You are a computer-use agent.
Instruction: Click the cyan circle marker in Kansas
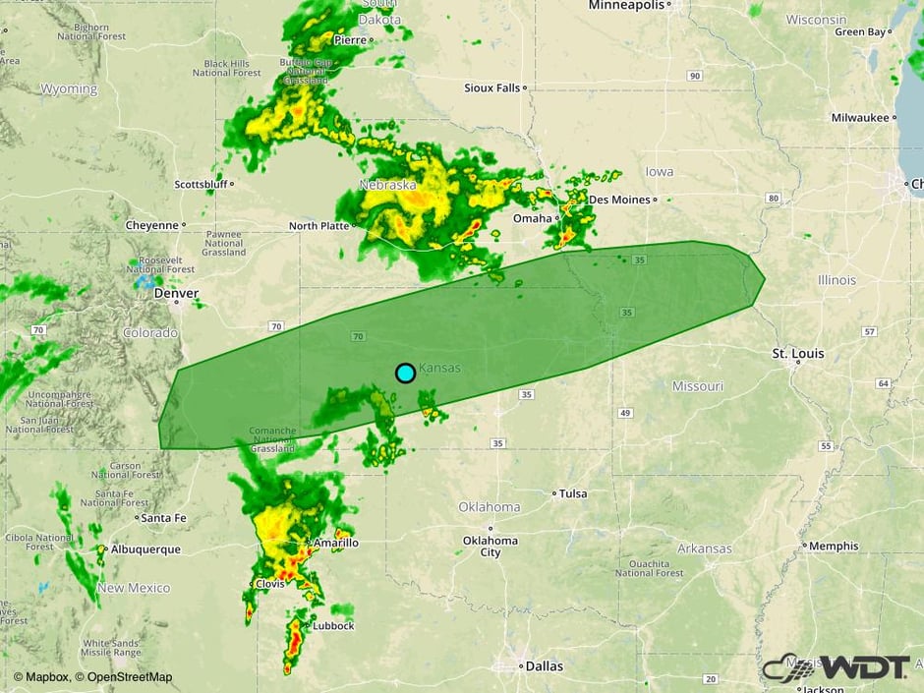point(405,373)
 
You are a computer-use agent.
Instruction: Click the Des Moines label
point(619,200)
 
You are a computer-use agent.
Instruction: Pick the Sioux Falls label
point(492,87)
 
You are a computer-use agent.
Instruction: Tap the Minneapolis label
point(626,6)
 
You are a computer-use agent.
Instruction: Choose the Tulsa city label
point(572,493)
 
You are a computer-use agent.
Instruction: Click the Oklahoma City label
point(491,547)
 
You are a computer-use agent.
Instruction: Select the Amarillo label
point(337,543)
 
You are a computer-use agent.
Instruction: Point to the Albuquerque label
point(145,549)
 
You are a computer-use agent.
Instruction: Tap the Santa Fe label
point(163,517)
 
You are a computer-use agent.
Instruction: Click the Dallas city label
point(544,665)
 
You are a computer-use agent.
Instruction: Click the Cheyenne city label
point(151,225)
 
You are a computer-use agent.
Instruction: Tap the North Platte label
point(318,226)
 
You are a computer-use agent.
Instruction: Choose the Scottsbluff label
point(202,184)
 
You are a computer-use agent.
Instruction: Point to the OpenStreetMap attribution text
point(130,676)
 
